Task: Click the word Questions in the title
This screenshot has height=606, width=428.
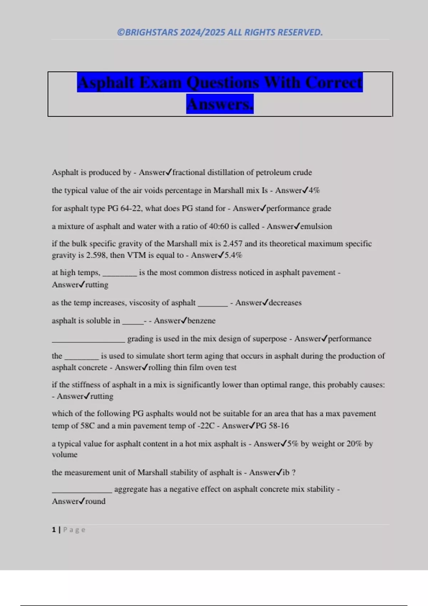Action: pos(223,83)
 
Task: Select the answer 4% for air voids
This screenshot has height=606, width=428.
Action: pos(314,190)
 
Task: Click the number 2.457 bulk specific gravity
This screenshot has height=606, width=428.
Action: pos(233,244)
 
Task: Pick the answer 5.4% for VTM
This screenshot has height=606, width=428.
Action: pos(233,255)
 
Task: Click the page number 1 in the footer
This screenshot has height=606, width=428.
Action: pos(54,530)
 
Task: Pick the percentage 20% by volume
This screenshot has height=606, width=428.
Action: pos(354,444)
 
